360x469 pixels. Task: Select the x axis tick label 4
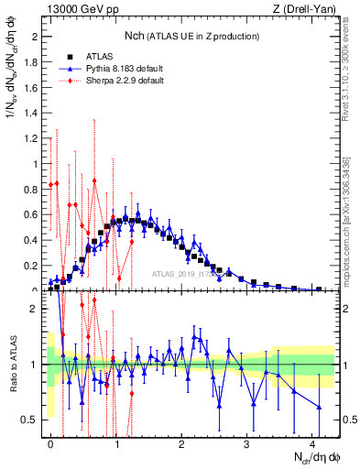pyautogui.click(x=313, y=442)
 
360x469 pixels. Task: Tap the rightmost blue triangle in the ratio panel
pyautogui.click(x=319, y=407)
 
